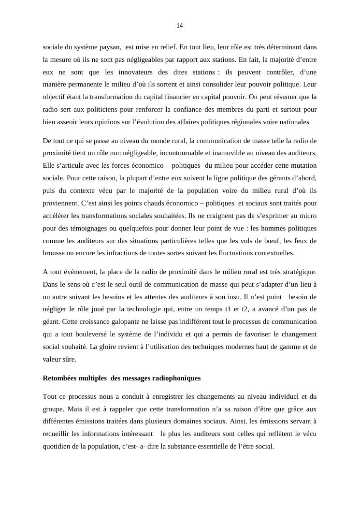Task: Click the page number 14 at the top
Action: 180,26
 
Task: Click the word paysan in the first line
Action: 110,47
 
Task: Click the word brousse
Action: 55,253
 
